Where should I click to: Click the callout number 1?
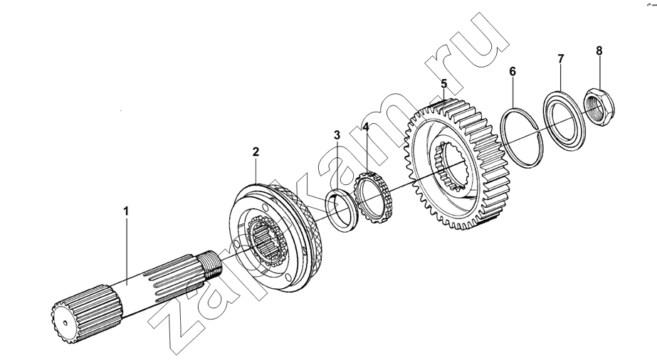(126, 211)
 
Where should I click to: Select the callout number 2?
(256, 152)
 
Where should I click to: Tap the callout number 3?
(337, 135)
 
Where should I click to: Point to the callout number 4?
(366, 127)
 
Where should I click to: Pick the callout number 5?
(444, 84)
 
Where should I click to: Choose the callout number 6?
(513, 71)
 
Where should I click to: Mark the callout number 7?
(561, 58)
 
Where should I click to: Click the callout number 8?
(599, 51)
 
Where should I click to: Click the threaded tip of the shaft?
(212, 266)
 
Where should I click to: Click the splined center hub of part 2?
(267, 242)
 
